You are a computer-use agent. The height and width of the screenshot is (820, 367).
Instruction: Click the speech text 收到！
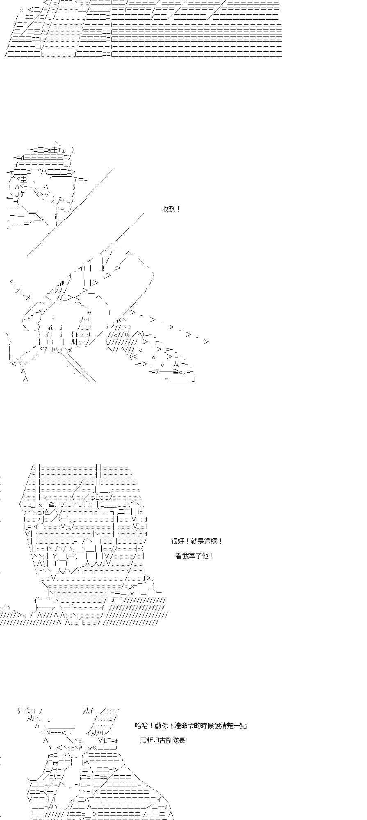click(171, 209)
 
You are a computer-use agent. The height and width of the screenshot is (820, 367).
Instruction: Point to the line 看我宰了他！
click(195, 556)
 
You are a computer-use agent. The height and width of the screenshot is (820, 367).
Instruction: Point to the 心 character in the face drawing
click(98, 497)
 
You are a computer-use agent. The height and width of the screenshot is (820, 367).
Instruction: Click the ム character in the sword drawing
click(176, 364)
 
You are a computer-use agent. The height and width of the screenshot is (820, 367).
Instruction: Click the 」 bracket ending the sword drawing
click(193, 379)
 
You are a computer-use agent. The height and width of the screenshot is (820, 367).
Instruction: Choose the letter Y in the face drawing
click(55, 556)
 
